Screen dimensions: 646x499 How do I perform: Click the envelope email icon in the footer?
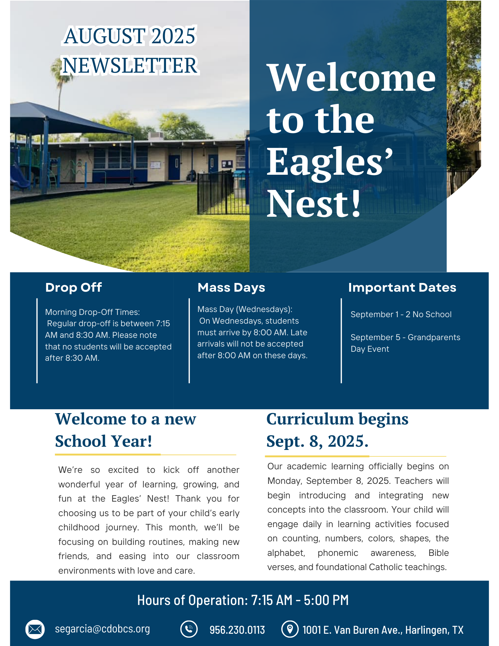click(x=35, y=629)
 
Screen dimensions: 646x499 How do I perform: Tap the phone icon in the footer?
click(x=189, y=629)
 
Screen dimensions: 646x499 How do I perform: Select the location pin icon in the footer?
click(x=290, y=629)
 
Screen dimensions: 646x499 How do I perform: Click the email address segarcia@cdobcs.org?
click(x=102, y=629)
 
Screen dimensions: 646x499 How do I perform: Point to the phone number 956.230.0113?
click(x=237, y=630)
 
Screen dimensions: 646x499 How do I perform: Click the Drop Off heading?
click(x=74, y=287)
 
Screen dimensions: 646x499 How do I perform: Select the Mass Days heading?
click(x=231, y=287)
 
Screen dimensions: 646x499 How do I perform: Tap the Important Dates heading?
click(x=402, y=287)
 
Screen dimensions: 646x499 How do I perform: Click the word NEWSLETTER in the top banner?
click(x=130, y=66)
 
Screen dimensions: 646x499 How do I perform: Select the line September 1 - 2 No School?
click(x=401, y=314)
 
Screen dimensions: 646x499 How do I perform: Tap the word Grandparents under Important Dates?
click(x=434, y=337)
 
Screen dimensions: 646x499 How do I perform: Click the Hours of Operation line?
click(x=243, y=600)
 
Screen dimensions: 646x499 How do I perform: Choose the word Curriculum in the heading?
click(x=310, y=419)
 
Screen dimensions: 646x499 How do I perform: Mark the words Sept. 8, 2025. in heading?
click(x=317, y=441)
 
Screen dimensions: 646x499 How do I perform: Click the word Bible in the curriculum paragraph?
click(x=439, y=553)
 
